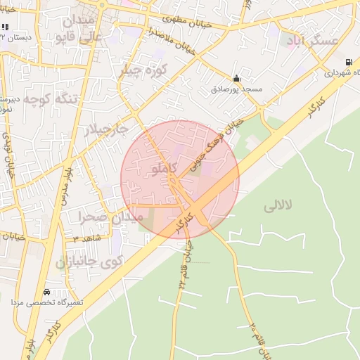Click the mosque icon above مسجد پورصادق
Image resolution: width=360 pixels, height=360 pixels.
[237, 79]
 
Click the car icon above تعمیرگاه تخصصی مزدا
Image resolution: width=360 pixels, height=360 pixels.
[46, 292]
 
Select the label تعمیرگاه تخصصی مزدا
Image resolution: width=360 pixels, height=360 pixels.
[46, 302]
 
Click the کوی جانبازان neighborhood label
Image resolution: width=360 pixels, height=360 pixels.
[89, 262]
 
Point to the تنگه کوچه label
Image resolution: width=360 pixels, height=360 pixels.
[49, 99]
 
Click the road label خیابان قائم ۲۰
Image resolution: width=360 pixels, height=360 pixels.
[257, 340]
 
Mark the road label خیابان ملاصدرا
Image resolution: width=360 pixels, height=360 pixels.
[170, 41]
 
